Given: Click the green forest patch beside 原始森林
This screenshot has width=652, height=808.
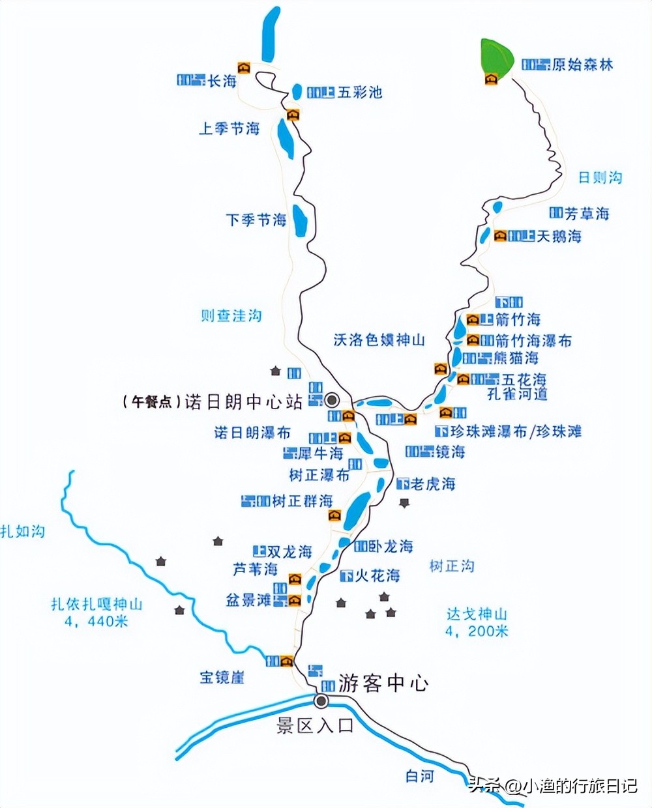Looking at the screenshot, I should point(495,56).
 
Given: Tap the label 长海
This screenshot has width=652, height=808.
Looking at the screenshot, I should point(222,81).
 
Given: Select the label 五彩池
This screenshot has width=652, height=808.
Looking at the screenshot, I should point(359,92).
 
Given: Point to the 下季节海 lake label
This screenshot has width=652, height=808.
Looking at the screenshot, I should point(256,220).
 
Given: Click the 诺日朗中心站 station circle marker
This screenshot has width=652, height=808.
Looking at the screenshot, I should point(333,399).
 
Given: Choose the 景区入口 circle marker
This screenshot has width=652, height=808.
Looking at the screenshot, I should point(321,701).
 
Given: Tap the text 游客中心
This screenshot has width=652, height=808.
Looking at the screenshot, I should point(383,683).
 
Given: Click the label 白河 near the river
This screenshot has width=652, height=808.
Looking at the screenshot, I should point(419,777).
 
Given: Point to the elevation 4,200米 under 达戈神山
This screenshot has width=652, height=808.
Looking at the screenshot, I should point(477,631).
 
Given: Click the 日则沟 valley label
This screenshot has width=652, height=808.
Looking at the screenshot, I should point(600,177).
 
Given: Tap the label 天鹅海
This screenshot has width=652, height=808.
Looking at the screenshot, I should point(559,236).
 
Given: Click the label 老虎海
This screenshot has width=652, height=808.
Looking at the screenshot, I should point(433,483).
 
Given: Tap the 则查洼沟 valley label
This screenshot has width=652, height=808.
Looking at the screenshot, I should point(231,315).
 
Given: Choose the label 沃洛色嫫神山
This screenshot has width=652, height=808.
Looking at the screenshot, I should point(379,339).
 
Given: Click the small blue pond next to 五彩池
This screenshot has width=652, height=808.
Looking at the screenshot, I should point(297,92).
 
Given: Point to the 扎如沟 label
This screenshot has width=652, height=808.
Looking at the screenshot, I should point(23,531).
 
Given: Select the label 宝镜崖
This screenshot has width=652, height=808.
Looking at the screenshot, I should point(222,677).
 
